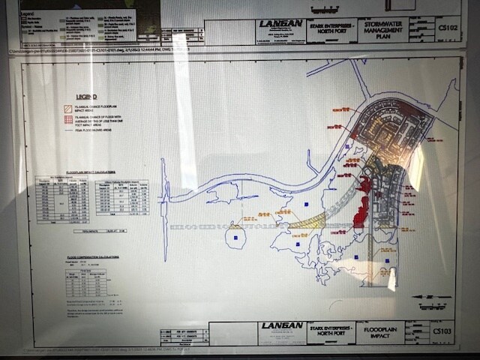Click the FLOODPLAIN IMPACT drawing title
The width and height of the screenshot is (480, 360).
click(x=380, y=331)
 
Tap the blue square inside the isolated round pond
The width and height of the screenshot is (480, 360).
click(x=235, y=238)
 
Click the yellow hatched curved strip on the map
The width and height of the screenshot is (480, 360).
click(x=307, y=221)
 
